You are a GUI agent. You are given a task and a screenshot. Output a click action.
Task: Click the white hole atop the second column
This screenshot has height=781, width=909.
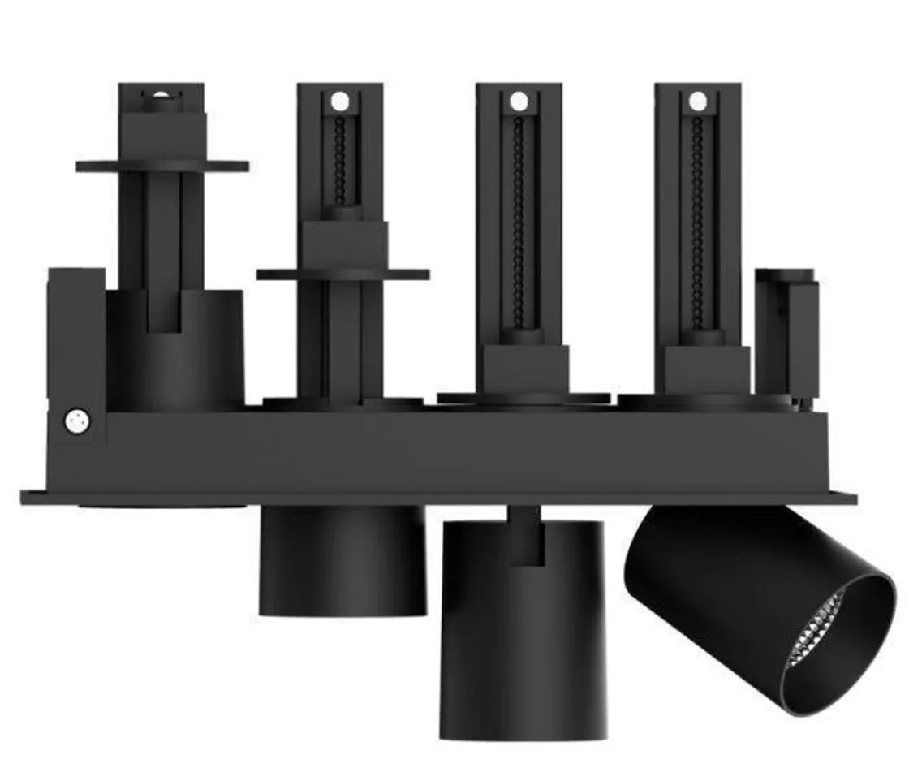pyautogui.click(x=339, y=101)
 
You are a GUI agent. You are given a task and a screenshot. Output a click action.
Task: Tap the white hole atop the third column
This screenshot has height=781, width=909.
pyautogui.click(x=519, y=101)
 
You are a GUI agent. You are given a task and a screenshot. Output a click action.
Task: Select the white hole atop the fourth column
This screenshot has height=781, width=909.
pyautogui.click(x=697, y=101)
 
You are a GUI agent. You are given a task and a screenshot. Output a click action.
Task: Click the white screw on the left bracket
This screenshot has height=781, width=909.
pyautogui.click(x=78, y=421)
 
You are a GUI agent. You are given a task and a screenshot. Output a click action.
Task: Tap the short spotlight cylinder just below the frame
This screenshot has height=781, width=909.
pyautogui.click(x=342, y=560)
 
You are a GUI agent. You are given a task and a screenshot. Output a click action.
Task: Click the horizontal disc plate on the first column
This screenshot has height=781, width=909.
pyautogui.click(x=162, y=166)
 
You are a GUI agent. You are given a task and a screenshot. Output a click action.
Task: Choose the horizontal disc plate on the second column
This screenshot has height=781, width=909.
pyautogui.click(x=342, y=274)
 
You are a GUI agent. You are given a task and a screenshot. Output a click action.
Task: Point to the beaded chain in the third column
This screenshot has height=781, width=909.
pyautogui.click(x=519, y=219)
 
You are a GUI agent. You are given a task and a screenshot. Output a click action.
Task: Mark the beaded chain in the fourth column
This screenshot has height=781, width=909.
pyautogui.click(x=697, y=219)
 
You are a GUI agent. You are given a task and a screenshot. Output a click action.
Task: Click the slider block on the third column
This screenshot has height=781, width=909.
pyautogui.click(x=521, y=365)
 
